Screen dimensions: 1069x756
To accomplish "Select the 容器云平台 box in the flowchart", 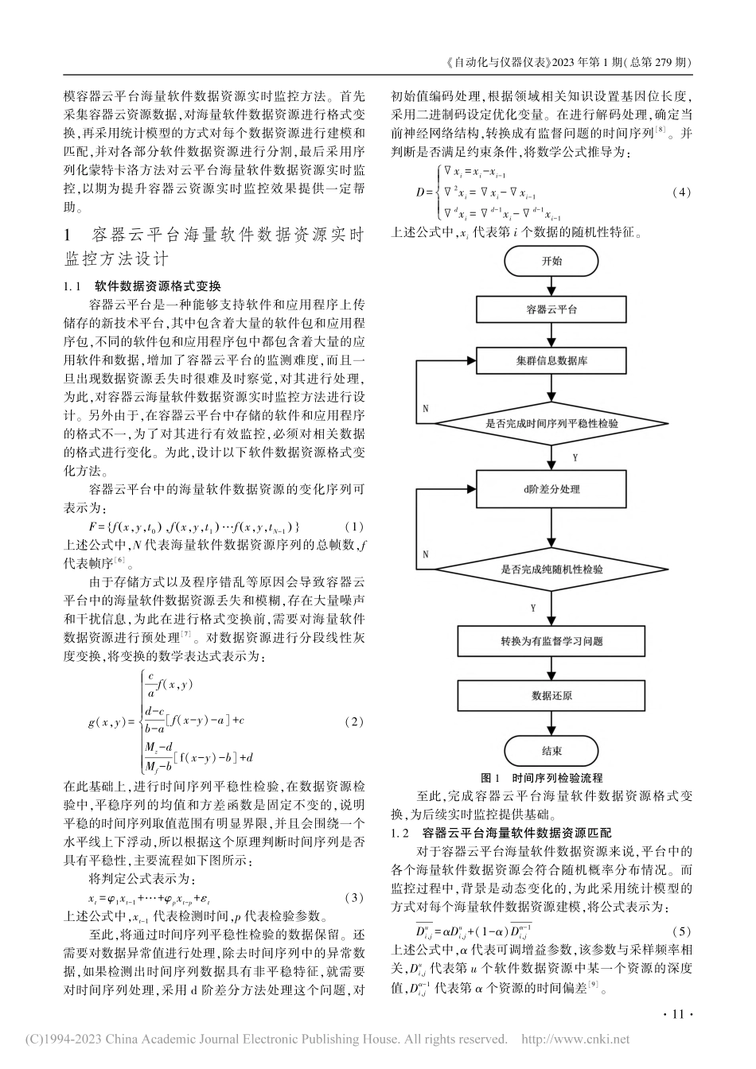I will (551, 310).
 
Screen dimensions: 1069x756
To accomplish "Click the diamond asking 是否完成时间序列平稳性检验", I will (551, 424).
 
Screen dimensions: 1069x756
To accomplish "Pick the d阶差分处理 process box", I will (551, 489).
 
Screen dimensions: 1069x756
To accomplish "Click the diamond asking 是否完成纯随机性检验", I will (551, 569).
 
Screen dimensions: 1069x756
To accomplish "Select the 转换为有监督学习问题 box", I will (551, 641).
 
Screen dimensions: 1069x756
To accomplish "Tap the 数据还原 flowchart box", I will (551, 695).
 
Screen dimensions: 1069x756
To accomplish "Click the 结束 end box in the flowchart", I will (551, 750).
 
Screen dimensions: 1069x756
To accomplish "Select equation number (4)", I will (682, 192).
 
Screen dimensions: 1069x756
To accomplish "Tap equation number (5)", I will (682, 931).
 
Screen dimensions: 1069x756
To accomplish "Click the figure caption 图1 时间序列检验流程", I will (542, 778).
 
